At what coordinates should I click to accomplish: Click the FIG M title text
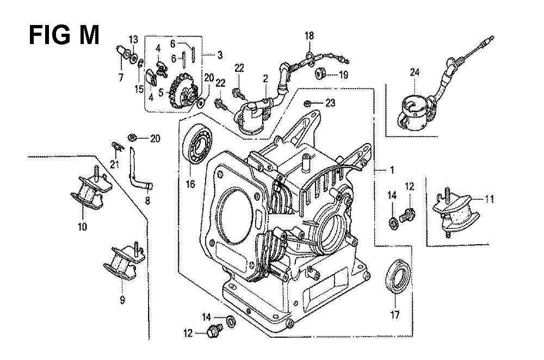[x=64, y=36]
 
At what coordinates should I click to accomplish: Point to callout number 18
[x=309, y=35]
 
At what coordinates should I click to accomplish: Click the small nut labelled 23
[x=308, y=103]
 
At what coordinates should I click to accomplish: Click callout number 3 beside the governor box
[x=219, y=55]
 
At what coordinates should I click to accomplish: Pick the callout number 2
[x=264, y=79]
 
